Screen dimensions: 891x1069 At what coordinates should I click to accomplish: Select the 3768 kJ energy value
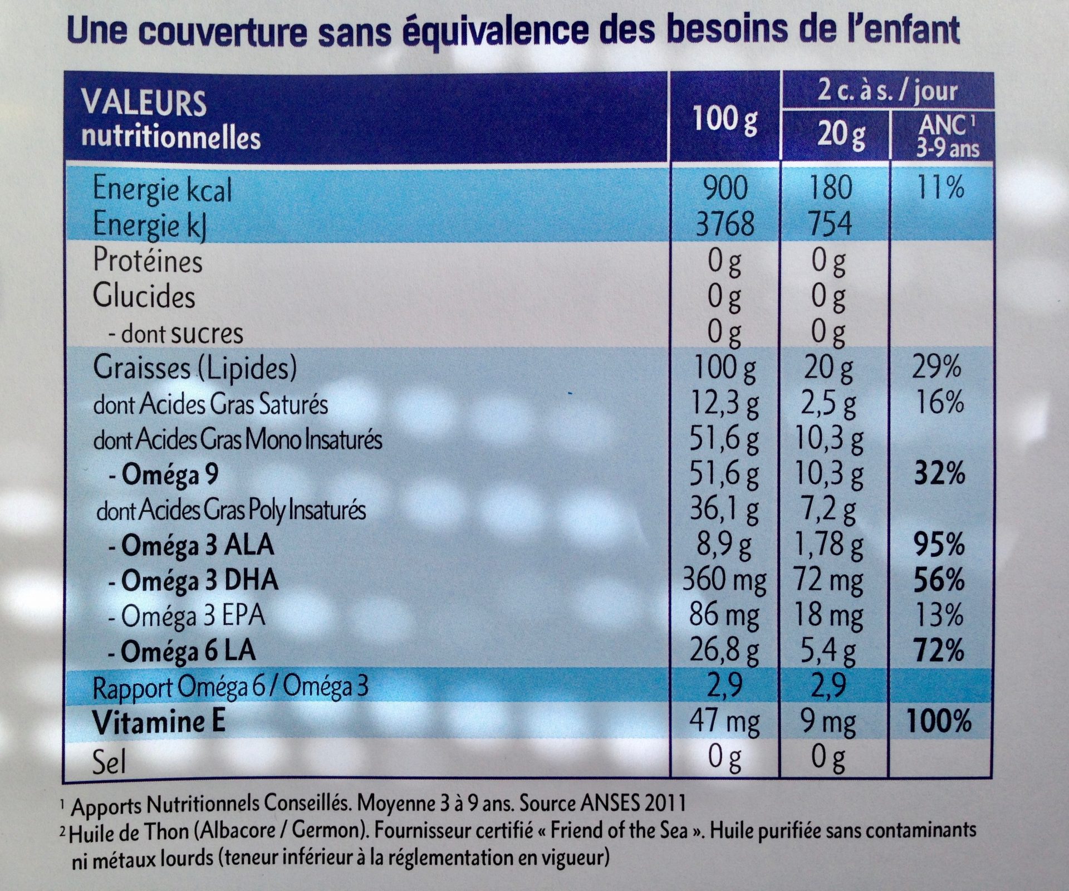724,224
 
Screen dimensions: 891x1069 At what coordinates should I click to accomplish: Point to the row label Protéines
148,261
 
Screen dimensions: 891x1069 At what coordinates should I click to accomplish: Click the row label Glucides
144,297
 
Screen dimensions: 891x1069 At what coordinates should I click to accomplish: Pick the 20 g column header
841,135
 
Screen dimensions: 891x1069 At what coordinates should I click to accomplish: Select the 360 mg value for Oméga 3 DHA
724,581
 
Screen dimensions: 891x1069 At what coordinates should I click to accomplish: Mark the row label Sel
109,761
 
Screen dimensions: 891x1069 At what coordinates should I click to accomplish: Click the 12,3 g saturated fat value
724,403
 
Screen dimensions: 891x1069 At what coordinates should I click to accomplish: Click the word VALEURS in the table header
144,104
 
